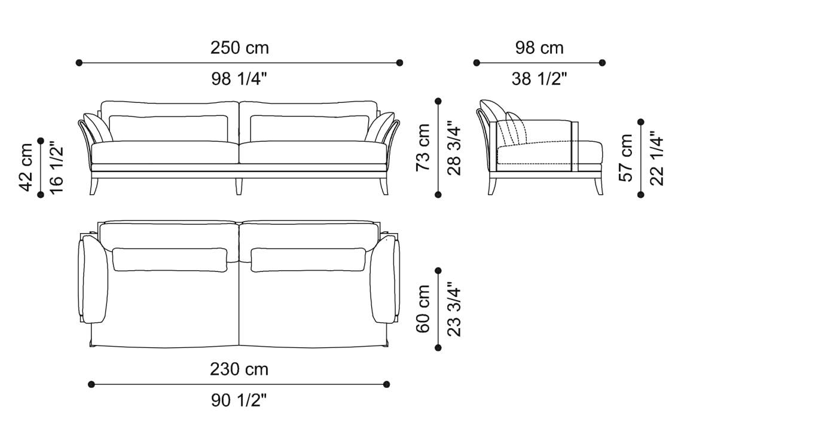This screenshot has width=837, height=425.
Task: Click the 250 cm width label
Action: (x=239, y=48)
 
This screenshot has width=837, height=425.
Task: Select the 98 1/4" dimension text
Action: (x=239, y=78)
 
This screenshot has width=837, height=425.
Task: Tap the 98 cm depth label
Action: (x=539, y=48)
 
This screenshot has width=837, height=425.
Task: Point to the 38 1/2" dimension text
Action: (x=539, y=78)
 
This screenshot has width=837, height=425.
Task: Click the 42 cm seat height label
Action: (x=26, y=167)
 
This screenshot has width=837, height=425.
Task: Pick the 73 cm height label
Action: (x=424, y=147)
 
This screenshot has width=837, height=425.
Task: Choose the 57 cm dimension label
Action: (x=626, y=158)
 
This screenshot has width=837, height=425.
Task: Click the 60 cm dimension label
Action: (x=424, y=309)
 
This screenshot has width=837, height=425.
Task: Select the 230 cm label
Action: (x=239, y=369)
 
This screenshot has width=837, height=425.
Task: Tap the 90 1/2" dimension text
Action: (x=239, y=400)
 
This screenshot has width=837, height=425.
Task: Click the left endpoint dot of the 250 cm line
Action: (x=79, y=62)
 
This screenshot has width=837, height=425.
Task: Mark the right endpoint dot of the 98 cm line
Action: (x=602, y=62)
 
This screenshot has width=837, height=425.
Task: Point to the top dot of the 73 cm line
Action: (x=438, y=101)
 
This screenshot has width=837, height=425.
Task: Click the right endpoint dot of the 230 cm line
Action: (x=387, y=384)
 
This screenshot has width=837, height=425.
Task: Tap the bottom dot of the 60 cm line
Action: (x=438, y=347)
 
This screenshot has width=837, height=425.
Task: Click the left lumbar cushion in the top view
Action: (x=170, y=259)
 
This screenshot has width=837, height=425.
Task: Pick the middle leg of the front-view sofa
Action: (x=239, y=186)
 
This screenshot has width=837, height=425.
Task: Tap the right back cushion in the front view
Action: (x=308, y=128)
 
